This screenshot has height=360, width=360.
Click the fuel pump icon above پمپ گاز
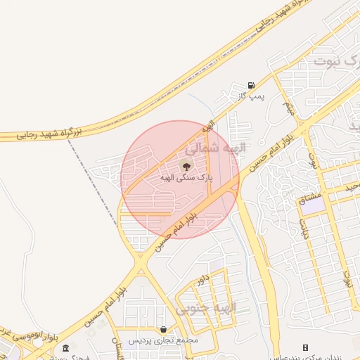tap(252, 85)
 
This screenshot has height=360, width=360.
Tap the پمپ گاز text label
tap(251, 96)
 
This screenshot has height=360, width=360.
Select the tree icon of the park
tap(186, 167)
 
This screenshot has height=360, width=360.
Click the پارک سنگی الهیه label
tap(186, 178)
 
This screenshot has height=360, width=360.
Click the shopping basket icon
tap(163, 329)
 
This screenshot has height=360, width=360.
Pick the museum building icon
tap(65, 347)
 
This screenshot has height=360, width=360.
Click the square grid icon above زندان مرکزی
tap(305, 347)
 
